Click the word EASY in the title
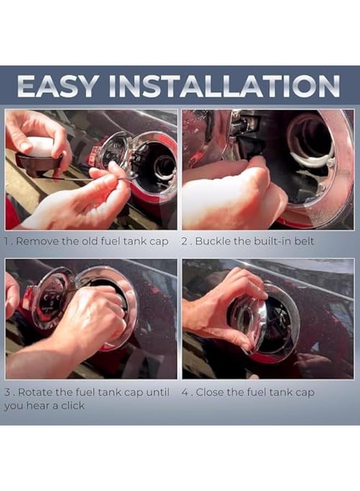click(x=56, y=86)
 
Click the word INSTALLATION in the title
click(x=224, y=86)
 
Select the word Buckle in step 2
click(x=212, y=241)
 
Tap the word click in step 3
click(x=73, y=405)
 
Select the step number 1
click(x=7, y=242)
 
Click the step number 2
click(x=184, y=242)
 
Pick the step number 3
click(x=8, y=392)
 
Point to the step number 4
click(x=185, y=392)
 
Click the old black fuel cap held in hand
click(x=38, y=157)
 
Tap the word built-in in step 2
click(x=277, y=241)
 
